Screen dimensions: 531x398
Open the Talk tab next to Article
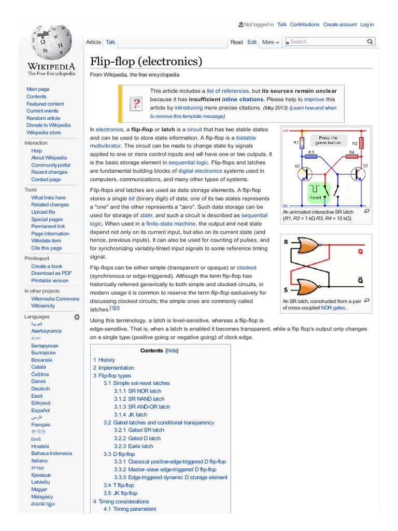110,42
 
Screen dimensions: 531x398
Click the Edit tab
252,42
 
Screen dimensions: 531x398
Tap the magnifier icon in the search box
370,41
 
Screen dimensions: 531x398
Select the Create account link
340,24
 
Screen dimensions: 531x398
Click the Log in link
367,24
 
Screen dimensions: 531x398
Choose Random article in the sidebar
44,118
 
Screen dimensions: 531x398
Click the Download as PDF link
51,273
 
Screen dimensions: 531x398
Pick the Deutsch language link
40,388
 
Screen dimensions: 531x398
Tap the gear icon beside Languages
77,316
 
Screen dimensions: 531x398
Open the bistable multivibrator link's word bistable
246,138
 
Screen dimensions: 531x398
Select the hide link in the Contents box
172,351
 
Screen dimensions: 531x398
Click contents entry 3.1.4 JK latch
131,415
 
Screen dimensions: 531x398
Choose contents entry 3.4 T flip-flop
119,485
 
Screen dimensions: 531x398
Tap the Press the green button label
328,141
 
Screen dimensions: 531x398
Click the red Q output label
361,252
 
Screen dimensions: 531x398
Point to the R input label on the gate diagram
286,242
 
